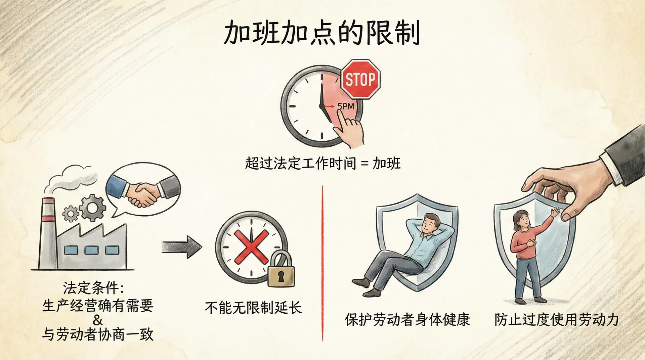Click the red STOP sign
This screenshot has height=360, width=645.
click(360, 79)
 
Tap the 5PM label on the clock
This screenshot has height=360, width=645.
click(346, 106)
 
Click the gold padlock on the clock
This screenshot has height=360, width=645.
click(281, 269)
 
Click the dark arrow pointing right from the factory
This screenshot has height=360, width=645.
click(182, 247)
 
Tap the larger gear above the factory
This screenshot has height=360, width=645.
click(92, 208)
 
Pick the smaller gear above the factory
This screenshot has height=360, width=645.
click(71, 214)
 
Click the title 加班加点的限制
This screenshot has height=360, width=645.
click(322, 33)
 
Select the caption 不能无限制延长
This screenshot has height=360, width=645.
click(253, 308)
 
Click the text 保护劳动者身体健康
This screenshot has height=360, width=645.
click(407, 319)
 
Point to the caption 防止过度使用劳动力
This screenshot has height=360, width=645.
click(557, 319)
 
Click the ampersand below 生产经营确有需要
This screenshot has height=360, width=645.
click(98, 320)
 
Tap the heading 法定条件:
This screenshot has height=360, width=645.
click(94, 288)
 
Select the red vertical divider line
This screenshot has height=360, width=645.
click(322, 263)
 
